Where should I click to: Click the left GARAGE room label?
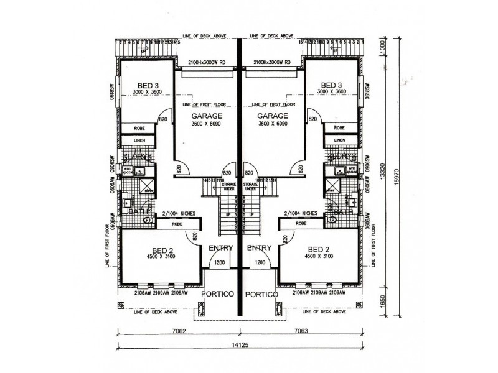point(205,116)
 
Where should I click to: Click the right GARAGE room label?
point(271,116)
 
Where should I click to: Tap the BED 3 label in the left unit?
point(147,85)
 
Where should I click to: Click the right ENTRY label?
point(259,247)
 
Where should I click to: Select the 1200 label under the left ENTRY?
point(220,262)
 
